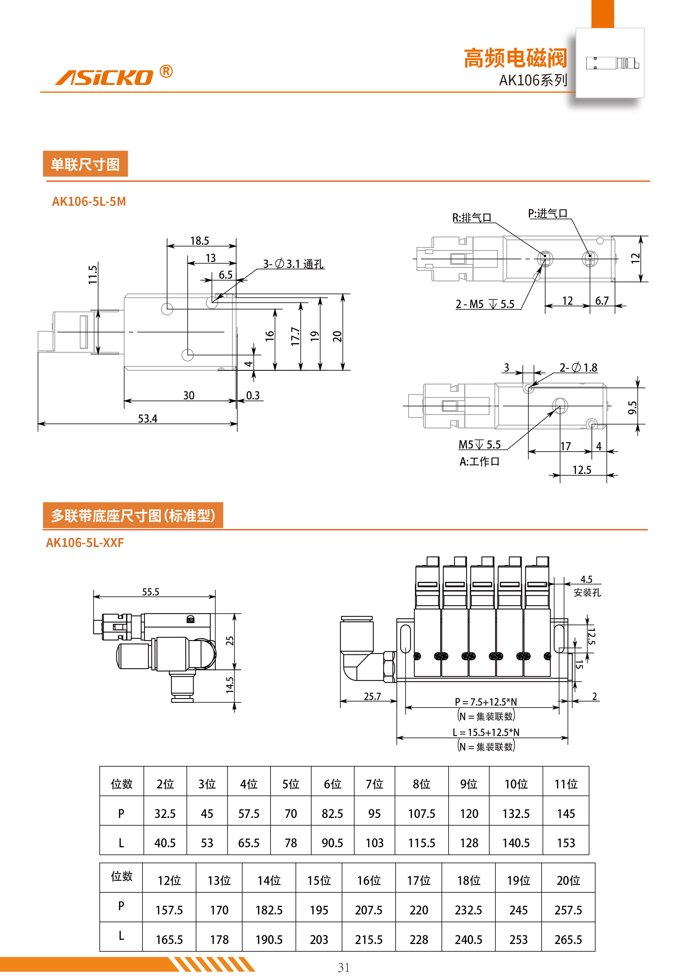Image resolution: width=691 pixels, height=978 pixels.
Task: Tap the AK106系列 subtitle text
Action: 533,80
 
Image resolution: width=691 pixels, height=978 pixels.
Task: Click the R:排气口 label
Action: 471,218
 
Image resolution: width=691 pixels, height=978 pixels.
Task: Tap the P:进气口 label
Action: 548,213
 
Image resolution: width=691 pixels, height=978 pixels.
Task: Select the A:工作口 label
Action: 479,461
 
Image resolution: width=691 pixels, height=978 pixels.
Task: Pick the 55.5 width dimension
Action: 150,592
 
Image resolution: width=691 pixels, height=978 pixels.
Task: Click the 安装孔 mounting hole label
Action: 587,592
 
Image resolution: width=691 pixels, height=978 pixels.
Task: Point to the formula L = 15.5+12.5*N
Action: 486,732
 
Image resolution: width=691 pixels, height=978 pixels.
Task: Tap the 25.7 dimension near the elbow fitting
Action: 372,696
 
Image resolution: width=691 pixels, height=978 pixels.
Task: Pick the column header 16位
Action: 368,880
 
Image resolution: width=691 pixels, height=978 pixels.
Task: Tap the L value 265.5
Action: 568,939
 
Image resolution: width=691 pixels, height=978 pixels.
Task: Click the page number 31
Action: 344,967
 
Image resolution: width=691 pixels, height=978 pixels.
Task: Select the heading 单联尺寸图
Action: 85,164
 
